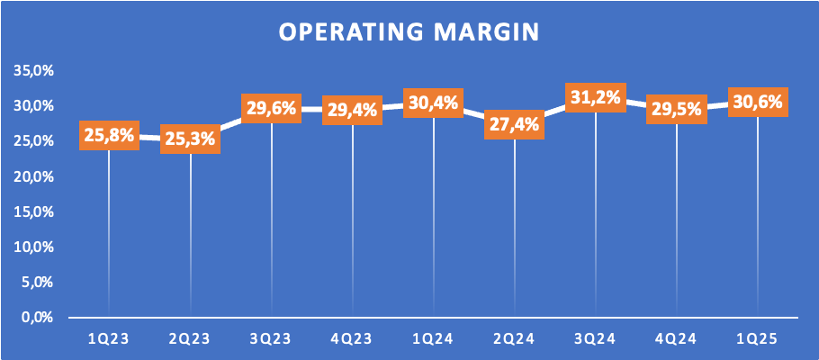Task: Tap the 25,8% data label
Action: coord(109,135)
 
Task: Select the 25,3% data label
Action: coord(191,139)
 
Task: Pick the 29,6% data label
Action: coord(271,109)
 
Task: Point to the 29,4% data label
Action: coord(353,110)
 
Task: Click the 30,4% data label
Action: coord(434,103)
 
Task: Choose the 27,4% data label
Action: coord(515,125)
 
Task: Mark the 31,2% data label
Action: coord(596,97)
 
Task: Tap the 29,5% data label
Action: coord(677,109)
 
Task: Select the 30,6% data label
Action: coord(758,102)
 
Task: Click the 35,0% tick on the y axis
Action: coord(34,71)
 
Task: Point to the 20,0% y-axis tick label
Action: coord(34,176)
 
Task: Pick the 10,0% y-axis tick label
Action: coord(34,247)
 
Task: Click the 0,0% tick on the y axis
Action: coord(39,317)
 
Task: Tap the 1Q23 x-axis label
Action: coord(109,339)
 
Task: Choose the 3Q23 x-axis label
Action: coord(271,339)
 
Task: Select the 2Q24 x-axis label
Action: coord(515,339)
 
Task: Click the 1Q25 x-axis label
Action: coord(758,339)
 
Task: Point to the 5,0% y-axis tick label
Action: coord(39,282)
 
